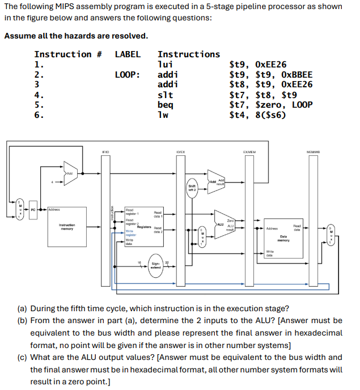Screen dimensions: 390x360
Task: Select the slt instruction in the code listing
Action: [165, 95]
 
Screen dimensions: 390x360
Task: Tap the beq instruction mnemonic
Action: [165, 105]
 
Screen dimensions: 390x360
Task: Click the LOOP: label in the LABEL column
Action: [128, 75]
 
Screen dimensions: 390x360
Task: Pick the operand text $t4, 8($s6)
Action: [257, 115]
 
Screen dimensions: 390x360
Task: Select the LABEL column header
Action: [128, 54]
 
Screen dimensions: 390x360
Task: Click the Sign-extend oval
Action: [155, 265]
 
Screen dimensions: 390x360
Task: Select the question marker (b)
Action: [22, 321]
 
